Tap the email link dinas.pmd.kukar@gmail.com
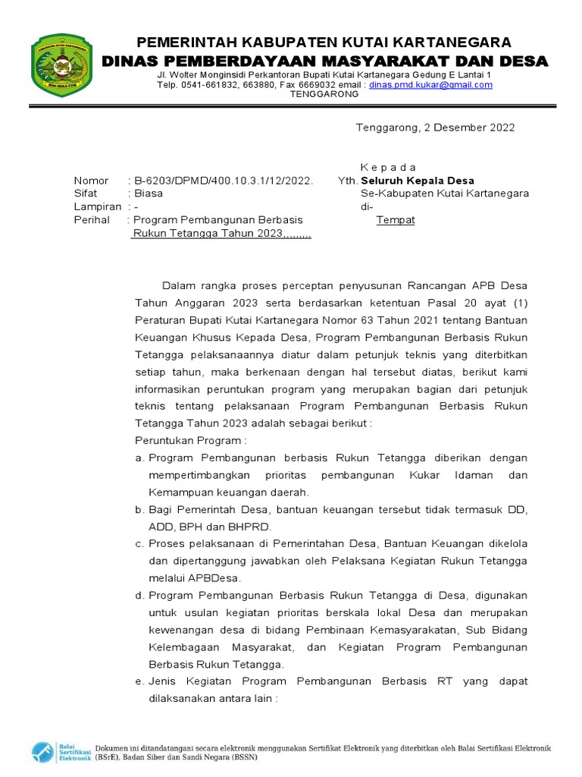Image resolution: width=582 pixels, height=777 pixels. click(x=431, y=85)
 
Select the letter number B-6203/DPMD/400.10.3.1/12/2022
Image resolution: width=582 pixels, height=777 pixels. click(x=223, y=181)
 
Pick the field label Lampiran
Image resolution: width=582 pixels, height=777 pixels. click(x=98, y=206)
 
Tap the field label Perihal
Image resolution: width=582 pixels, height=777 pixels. click(x=92, y=220)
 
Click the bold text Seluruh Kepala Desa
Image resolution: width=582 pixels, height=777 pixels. click(x=418, y=181)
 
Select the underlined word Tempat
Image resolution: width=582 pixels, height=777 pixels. click(x=396, y=220)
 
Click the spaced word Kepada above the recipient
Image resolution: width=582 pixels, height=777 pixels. click(x=388, y=167)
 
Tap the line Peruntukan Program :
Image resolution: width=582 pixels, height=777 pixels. click(x=191, y=441)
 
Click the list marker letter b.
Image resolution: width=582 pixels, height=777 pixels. click(x=139, y=510)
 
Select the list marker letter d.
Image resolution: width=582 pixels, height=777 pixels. click(x=139, y=596)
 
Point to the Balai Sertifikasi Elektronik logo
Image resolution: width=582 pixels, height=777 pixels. click(x=61, y=752)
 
